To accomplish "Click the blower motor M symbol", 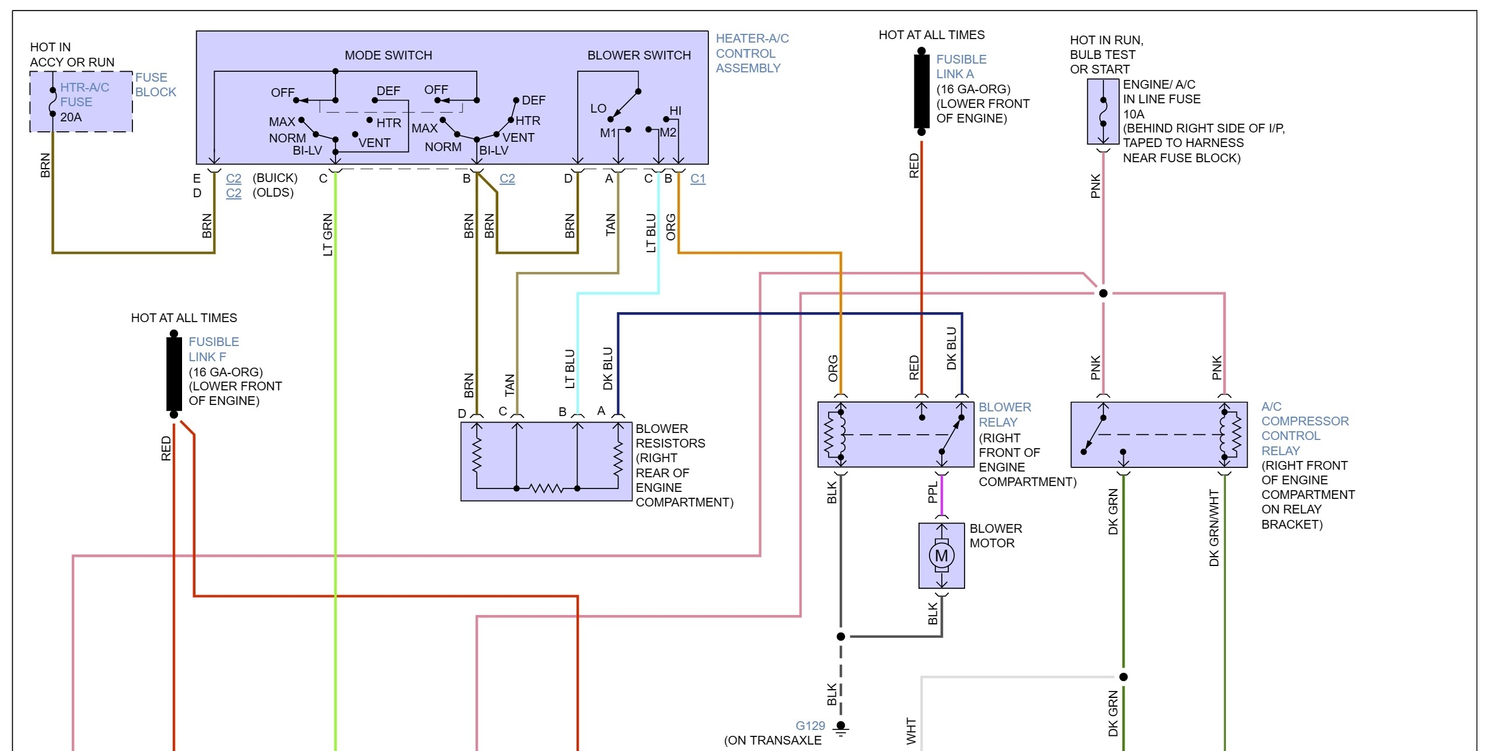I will coord(941,556).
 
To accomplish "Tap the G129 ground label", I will coord(811,725).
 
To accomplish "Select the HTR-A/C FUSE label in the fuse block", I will coord(85,95).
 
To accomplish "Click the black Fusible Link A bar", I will coord(921,90).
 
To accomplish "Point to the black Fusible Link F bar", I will coord(174,373).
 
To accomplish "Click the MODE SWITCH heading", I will coord(388,55).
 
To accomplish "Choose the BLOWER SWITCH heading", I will coord(638,55).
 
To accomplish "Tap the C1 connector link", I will coord(698,179).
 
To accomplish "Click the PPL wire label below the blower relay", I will coord(932,492).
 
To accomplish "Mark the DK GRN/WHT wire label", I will coord(1214,528).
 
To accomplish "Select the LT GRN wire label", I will coord(328,235).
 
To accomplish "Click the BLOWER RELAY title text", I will coord(1004,414).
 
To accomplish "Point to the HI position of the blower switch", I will coord(675,111).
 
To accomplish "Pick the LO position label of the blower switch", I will coord(598,109).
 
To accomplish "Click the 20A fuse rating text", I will coord(71,117).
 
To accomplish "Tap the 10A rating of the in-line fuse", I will coord(1133,114).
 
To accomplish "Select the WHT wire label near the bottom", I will coord(911,731).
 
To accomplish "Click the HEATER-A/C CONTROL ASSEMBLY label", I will coord(752,53).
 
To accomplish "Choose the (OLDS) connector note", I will coord(273,193).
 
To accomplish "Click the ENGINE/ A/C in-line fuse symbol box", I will coord(1102,111).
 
